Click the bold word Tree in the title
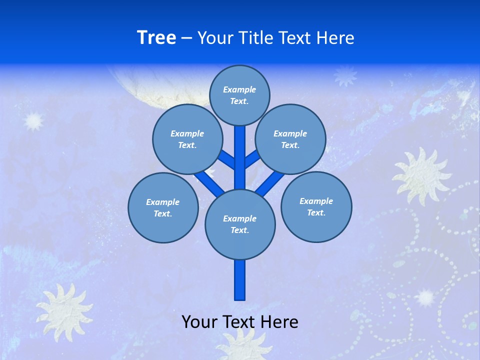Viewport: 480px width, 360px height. pyautogui.click(x=156, y=38)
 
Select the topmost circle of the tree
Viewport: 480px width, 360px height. pyautogui.click(x=239, y=95)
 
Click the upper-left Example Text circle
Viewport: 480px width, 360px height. pyautogui.click(x=187, y=139)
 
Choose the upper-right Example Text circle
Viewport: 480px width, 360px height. pyautogui.click(x=290, y=139)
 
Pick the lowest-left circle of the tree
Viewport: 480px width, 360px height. pyautogui.click(x=163, y=207)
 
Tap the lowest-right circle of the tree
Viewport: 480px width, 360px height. pyautogui.click(x=316, y=206)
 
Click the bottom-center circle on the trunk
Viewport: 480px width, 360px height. pyautogui.click(x=240, y=224)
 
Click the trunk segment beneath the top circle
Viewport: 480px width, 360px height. pyautogui.click(x=240, y=155)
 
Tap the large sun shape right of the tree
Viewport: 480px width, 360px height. pyautogui.click(x=421, y=175)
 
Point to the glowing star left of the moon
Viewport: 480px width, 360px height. pyautogui.click(x=34, y=120)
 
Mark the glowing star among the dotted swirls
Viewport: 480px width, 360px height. pyautogui.click(x=425, y=297)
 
